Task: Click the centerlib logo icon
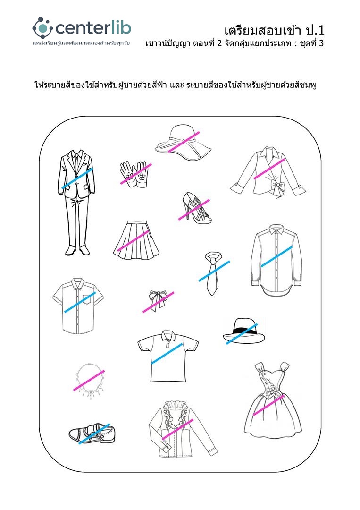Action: (42, 28)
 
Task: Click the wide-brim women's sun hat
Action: (183, 143)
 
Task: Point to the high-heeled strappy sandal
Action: (196, 208)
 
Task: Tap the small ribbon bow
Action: (157, 300)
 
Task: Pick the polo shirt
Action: (167, 356)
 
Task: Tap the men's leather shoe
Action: (92, 434)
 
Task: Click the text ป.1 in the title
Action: (315, 31)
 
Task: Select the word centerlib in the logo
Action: (93, 28)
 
